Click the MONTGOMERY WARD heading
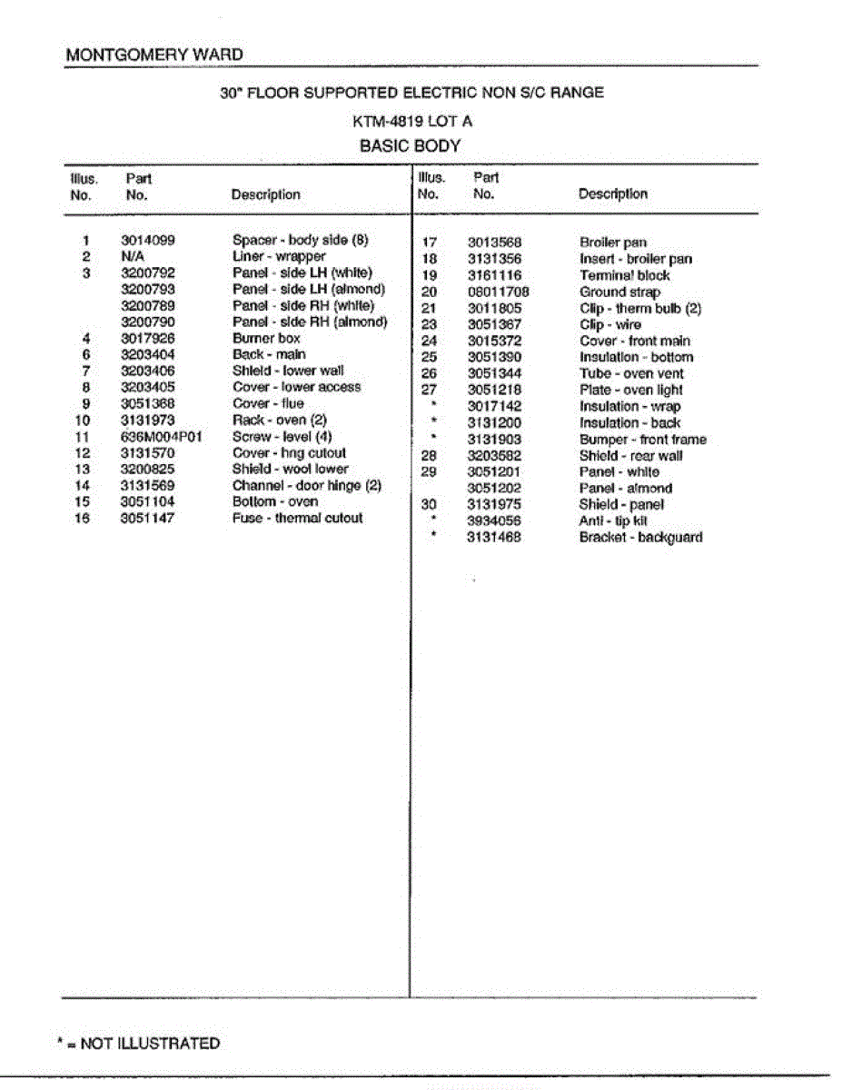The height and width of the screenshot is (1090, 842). click(154, 54)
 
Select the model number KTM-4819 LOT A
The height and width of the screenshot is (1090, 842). click(412, 121)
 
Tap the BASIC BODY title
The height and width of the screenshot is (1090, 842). click(411, 145)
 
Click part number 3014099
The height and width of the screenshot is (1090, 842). click(147, 241)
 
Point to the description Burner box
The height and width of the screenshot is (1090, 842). click(266, 338)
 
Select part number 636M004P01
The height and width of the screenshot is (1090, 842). click(161, 436)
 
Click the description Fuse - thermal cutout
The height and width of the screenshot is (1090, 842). click(297, 518)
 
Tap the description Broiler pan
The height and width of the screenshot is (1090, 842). click(613, 243)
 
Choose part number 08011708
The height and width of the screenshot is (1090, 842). click(498, 292)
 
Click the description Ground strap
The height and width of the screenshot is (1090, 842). click(619, 292)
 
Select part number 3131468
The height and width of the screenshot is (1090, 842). click(494, 537)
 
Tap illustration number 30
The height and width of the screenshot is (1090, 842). click(430, 504)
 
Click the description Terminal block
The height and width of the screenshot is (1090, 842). click(624, 275)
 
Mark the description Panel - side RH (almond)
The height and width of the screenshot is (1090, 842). click(310, 322)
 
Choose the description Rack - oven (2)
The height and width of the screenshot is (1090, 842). click(279, 420)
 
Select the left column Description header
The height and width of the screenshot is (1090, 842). click(265, 194)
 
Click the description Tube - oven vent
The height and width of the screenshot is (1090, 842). click(631, 373)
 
